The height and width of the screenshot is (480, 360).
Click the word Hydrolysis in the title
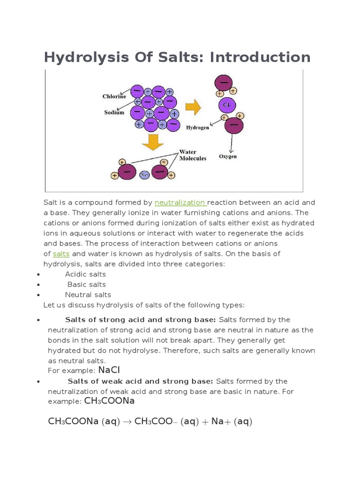click(75, 58)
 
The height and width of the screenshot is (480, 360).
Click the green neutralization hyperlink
click(180, 202)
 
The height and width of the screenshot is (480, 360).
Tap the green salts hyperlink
click(61, 254)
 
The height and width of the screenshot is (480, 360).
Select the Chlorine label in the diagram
click(114, 97)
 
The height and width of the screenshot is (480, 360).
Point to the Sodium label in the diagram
click(114, 112)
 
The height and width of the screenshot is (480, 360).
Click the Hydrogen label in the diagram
click(197, 127)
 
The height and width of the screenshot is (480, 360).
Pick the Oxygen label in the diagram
click(228, 156)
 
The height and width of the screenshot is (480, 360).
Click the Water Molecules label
click(193, 156)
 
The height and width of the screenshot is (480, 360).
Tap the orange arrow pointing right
click(193, 107)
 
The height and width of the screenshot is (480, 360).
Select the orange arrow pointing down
click(153, 142)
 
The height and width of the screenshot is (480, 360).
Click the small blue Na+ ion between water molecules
click(144, 175)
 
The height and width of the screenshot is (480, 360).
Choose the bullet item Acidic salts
click(85, 274)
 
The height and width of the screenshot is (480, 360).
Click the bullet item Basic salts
click(86, 285)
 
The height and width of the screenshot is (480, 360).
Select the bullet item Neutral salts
click(88, 295)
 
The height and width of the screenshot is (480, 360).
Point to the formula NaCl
click(109, 370)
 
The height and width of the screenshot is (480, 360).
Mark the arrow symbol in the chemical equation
click(127, 422)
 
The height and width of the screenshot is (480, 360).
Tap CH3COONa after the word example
click(109, 401)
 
